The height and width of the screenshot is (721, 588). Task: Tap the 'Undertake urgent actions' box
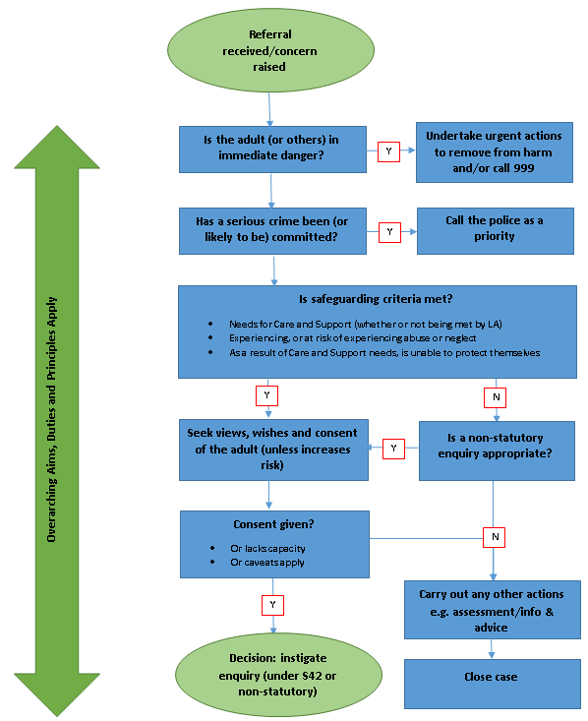[495, 152]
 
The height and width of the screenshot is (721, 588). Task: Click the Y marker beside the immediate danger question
[388, 152]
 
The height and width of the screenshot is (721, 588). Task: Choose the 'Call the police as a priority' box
[495, 228]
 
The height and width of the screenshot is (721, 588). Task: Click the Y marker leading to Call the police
[388, 232]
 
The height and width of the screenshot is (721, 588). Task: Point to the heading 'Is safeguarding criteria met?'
[377, 299]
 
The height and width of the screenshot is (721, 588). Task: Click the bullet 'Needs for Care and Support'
[354, 324]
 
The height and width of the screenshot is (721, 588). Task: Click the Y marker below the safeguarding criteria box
[266, 395]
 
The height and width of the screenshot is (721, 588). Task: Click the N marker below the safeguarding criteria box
[495, 397]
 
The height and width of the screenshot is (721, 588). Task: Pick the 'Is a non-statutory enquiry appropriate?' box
[497, 451]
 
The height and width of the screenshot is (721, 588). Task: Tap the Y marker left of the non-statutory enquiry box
[393, 448]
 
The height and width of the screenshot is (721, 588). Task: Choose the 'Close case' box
[491, 678]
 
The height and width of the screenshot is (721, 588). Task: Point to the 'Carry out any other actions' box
[491, 611]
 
